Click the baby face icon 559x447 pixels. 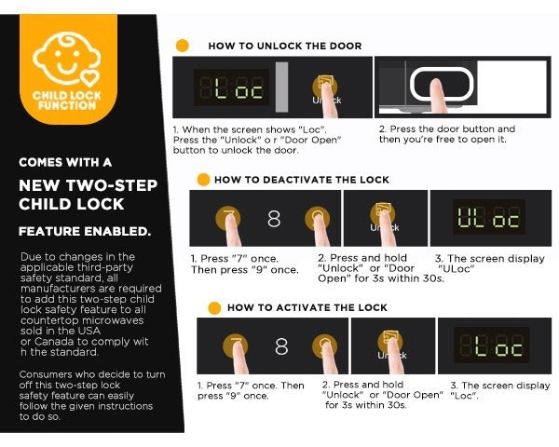coord(66,58)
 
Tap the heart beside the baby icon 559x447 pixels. coord(89,78)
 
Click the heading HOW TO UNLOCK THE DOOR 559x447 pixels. coord(285,46)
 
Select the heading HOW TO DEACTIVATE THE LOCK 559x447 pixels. coord(302,180)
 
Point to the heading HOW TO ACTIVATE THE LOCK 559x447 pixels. coord(307,307)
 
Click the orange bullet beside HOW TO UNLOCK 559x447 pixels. coord(183,46)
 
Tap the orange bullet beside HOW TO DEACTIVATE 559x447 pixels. coord(203,180)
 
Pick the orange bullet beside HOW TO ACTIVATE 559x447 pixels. coord(214,308)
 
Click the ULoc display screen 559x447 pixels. coord(489,217)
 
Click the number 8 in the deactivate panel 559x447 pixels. coord(274,218)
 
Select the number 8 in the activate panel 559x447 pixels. coord(281,346)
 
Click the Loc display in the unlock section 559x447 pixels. coord(232,88)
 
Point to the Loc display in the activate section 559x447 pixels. coord(491,345)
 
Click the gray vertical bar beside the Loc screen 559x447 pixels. coord(281,88)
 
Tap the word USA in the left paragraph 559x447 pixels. coord(89,331)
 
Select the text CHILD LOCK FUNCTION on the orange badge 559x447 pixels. coord(67,101)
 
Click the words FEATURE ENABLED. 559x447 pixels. coord(85,231)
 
